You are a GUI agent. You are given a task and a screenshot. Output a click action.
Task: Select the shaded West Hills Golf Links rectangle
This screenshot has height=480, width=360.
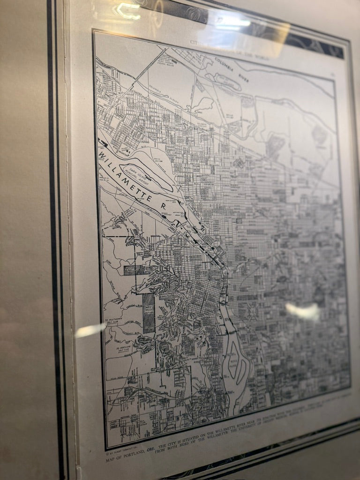point(149,313)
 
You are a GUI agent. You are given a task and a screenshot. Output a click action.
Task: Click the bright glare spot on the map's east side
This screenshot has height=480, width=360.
point(302,311)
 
